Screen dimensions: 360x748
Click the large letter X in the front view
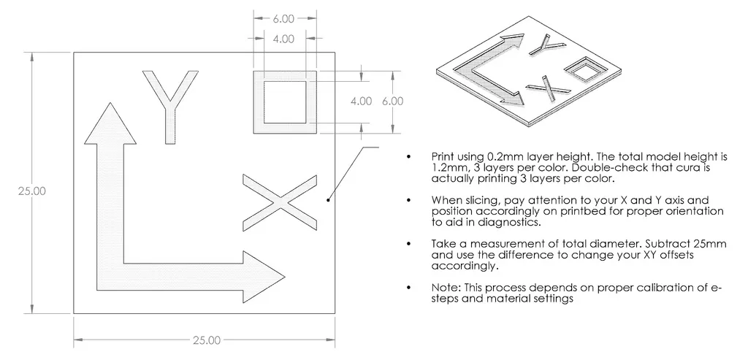click(x=280, y=201)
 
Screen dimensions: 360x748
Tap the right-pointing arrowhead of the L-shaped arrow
click(x=264, y=277)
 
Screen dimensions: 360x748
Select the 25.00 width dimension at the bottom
click(x=205, y=340)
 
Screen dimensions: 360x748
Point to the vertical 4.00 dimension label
click(x=361, y=102)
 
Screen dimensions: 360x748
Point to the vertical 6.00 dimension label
click(x=392, y=102)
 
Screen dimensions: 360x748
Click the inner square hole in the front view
click(x=285, y=102)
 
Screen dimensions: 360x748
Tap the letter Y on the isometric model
click(x=549, y=45)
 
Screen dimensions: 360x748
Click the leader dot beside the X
click(x=329, y=199)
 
